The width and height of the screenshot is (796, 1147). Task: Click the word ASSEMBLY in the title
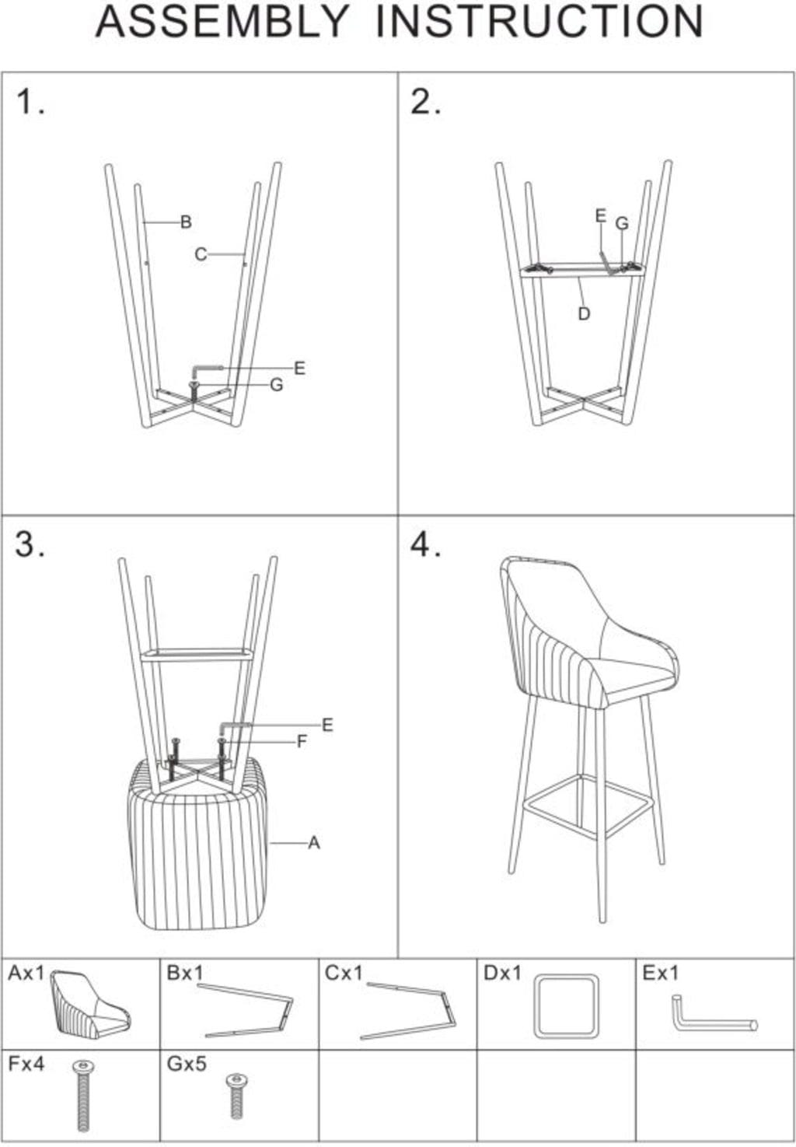tap(222, 22)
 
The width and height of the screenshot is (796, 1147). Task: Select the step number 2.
tap(425, 102)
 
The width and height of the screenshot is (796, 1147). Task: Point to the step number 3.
tap(30, 544)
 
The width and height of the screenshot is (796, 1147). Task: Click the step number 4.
tap(425, 544)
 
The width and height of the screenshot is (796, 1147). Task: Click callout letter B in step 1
tap(186, 222)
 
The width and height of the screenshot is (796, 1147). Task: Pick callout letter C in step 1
tap(201, 254)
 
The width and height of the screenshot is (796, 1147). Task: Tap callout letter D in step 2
tap(584, 314)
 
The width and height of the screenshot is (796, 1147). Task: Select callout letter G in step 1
tap(277, 385)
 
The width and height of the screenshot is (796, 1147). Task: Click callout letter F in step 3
tap(302, 741)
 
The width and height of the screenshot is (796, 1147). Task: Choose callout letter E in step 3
tap(327, 725)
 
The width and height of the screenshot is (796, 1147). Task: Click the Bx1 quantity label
tap(185, 972)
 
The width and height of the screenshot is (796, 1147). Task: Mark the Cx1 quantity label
tap(344, 972)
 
